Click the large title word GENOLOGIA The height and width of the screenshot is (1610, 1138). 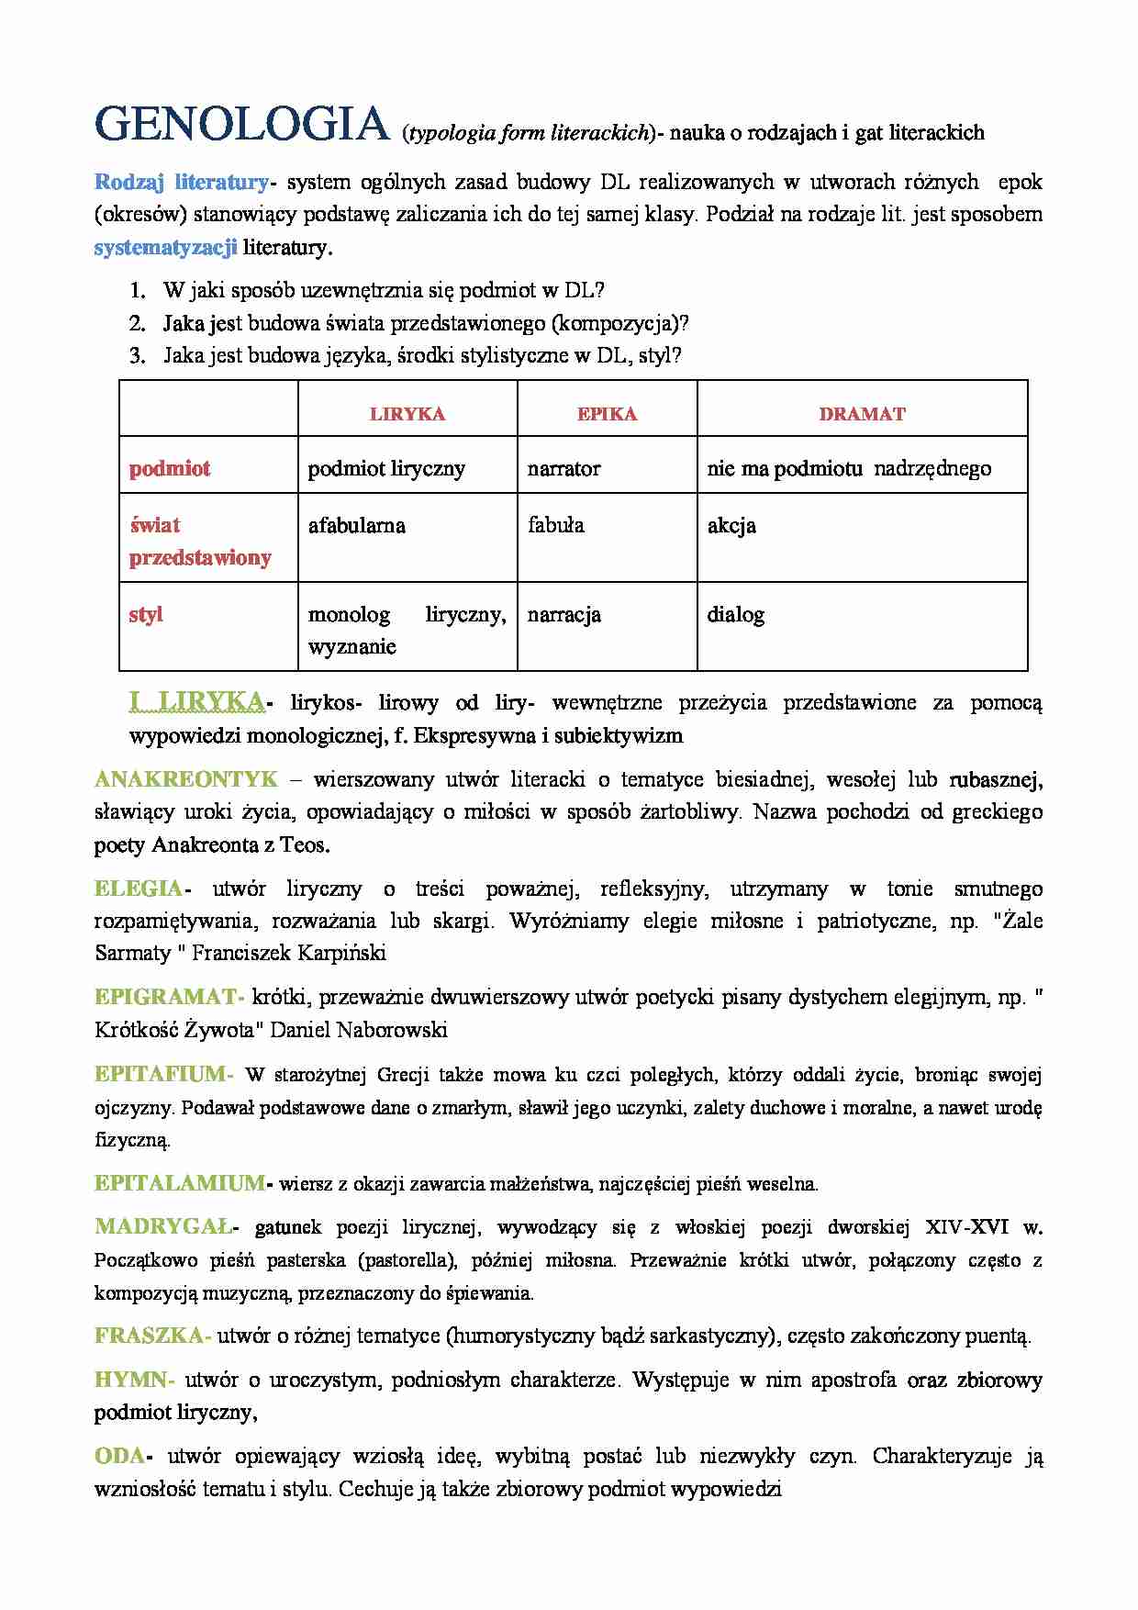tap(242, 125)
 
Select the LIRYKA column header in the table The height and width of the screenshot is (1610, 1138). tap(407, 414)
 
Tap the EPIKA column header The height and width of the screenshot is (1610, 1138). tap(607, 414)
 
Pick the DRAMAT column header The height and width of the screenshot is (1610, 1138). tap(862, 414)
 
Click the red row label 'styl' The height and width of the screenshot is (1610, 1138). tap(146, 615)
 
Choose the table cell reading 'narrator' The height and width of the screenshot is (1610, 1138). tap(563, 469)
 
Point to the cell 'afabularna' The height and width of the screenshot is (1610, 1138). tap(356, 526)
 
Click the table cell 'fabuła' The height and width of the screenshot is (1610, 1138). tap(555, 526)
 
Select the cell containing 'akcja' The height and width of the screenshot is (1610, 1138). tap(731, 526)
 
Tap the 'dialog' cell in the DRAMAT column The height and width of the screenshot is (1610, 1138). tap(735, 615)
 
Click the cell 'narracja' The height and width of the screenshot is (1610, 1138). tap(563, 615)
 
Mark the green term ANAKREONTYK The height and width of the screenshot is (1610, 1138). tap(185, 780)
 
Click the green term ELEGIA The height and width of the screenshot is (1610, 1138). tap(139, 889)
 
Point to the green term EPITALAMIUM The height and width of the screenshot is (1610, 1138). tap(179, 1184)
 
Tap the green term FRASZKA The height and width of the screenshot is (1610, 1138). tap(150, 1336)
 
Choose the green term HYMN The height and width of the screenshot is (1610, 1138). tap(131, 1380)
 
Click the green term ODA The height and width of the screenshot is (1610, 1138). tap(119, 1456)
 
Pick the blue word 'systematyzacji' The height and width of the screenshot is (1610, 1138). tap(165, 247)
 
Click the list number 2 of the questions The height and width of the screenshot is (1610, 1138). tap(138, 323)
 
